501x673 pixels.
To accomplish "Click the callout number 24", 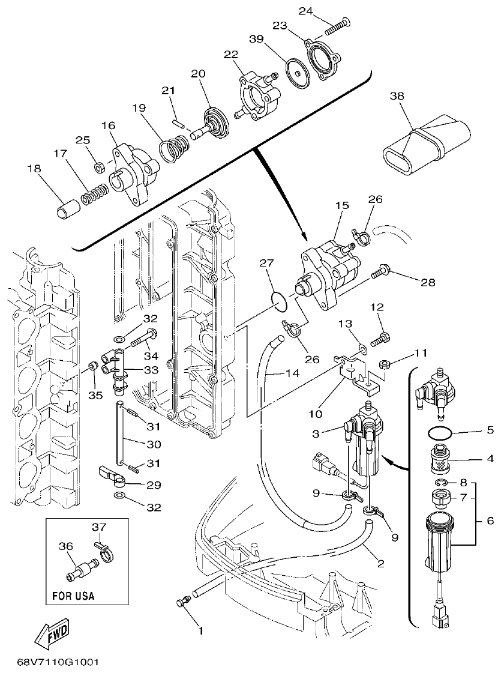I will coord(323,11).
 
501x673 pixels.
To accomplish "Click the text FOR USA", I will coord(70,597).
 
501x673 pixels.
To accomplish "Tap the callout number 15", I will coord(341,205).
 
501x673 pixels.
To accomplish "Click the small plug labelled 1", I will coord(182,603).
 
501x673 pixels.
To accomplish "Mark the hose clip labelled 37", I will coord(104,550).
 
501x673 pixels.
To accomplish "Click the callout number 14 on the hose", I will coord(292,373).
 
